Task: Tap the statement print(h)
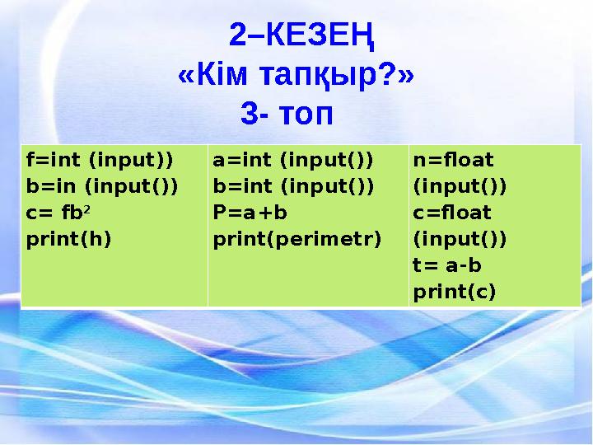[x=68, y=239]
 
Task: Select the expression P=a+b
[x=250, y=213]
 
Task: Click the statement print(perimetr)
[x=297, y=239]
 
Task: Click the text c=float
[x=452, y=213]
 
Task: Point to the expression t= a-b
[x=446, y=265]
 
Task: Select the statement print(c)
[x=454, y=292]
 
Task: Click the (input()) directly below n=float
[x=460, y=185]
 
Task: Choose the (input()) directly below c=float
[x=460, y=239]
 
